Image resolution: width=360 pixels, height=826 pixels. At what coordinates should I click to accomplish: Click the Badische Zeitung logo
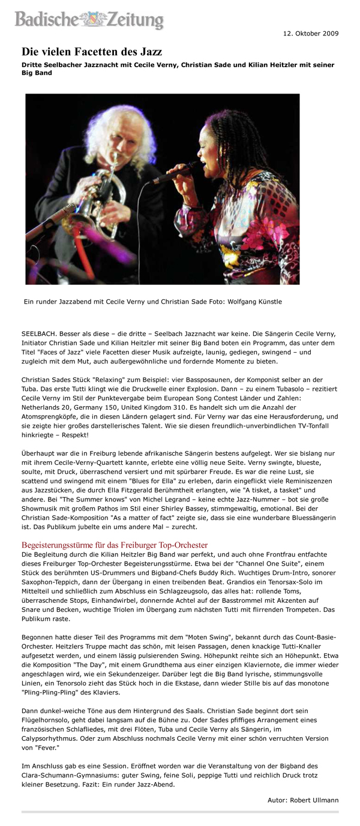tap(89, 19)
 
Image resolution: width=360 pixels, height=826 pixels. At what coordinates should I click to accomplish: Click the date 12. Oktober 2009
tap(311, 33)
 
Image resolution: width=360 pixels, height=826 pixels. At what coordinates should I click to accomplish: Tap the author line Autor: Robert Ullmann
tap(303, 800)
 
